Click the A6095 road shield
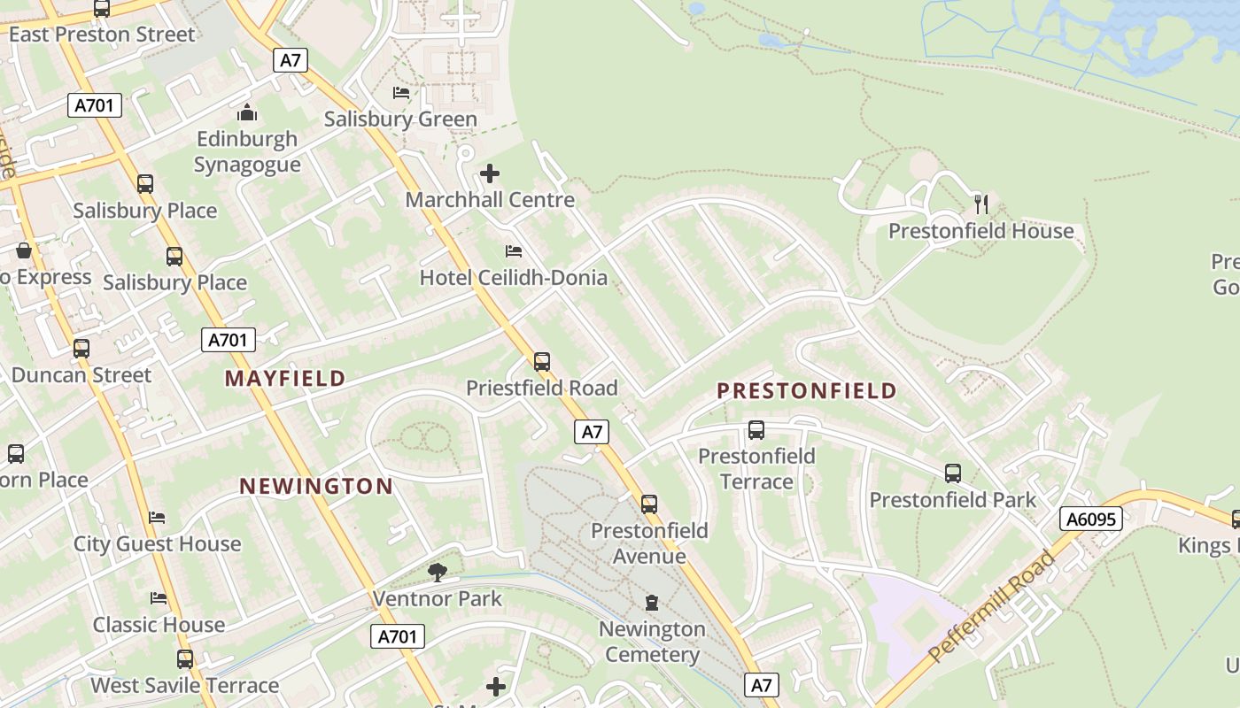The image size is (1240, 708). point(1091,519)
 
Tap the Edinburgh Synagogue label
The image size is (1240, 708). point(247,152)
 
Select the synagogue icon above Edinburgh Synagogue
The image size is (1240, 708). point(247,112)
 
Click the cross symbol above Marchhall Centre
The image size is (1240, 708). point(489,173)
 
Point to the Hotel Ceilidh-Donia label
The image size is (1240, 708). point(514,278)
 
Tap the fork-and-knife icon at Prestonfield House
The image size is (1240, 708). point(981,204)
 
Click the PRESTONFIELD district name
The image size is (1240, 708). point(807,390)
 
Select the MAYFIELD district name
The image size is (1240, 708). point(285,379)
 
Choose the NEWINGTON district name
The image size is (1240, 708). point(317,486)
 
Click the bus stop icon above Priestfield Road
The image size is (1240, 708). point(542,361)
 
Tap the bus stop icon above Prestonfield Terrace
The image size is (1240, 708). point(756,430)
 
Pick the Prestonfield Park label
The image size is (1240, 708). point(952,500)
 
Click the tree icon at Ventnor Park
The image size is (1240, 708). point(438,573)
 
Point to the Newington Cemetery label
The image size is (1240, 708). point(652,643)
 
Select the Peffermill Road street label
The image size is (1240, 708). point(992,606)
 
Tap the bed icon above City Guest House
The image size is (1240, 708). point(158,517)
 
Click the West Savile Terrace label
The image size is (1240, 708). point(185,686)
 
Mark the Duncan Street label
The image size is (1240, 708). point(81,375)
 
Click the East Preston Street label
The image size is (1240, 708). point(102,35)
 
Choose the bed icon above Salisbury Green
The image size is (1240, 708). point(401,93)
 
